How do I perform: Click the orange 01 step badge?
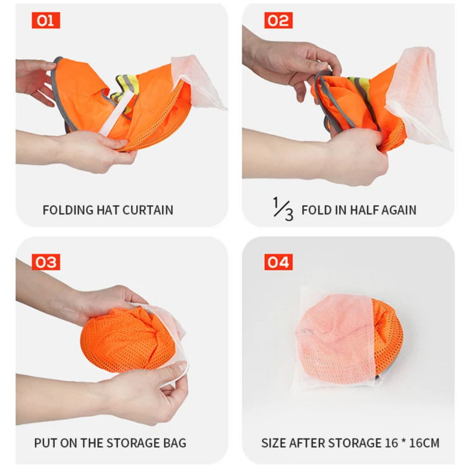tap(46, 21)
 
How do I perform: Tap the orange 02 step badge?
tap(278, 21)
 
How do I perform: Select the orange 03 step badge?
tap(46, 261)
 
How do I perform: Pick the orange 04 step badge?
tap(278, 261)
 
